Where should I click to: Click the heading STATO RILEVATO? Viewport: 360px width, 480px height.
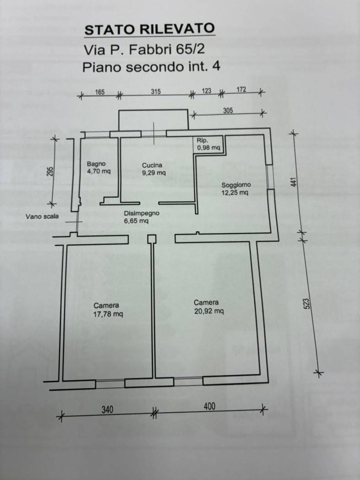click(150, 29)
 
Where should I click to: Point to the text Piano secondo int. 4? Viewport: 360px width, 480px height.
click(151, 67)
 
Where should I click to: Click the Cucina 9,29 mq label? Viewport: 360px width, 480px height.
click(153, 169)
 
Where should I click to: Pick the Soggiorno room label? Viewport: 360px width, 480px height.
click(236, 189)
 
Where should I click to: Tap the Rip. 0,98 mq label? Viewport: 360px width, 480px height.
click(209, 144)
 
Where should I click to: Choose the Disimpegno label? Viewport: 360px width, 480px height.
click(141, 217)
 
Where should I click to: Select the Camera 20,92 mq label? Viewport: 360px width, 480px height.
click(209, 307)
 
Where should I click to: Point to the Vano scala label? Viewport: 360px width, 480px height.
click(42, 217)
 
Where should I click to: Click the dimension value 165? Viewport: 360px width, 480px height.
click(100, 92)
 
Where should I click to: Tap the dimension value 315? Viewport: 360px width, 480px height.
click(156, 91)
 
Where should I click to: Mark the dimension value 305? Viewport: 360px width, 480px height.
click(228, 110)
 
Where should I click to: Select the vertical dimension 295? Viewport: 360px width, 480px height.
click(50, 171)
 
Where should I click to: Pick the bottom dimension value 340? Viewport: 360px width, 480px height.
click(107, 409)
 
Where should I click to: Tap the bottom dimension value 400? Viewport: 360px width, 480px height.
click(209, 406)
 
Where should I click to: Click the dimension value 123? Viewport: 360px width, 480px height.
click(206, 91)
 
